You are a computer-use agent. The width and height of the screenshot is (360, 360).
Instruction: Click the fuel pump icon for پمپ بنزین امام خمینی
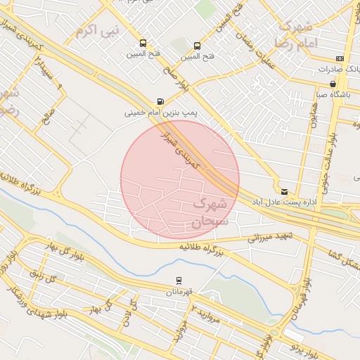coord(161,101)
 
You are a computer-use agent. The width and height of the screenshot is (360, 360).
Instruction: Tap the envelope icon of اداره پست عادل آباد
coord(284,191)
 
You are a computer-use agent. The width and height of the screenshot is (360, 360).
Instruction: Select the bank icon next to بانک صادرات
coord(340,58)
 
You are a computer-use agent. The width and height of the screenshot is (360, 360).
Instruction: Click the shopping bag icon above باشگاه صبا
coord(333,84)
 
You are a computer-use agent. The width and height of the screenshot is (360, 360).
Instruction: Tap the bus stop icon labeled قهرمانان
coord(179,280)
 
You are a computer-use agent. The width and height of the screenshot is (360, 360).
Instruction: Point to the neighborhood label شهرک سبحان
coord(209,213)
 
